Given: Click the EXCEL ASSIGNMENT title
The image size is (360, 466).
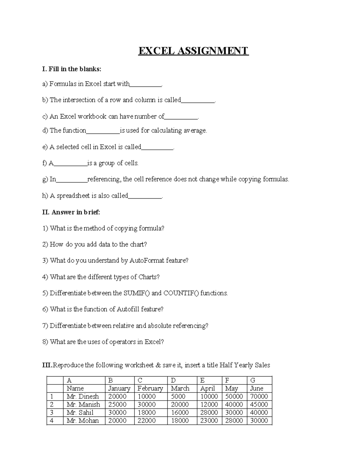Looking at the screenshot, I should click(193, 51).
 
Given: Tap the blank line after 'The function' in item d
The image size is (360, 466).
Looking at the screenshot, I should click(103, 131).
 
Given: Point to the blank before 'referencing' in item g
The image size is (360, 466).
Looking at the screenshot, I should click(72, 180).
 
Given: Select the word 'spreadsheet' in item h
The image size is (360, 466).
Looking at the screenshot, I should click(73, 196).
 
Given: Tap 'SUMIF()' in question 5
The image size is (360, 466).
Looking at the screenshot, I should click(136, 293).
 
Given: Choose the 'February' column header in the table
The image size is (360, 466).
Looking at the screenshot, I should click(150, 388).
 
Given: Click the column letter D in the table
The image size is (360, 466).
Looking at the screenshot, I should click(173, 380).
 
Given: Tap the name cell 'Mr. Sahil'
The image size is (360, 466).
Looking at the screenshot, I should click(80, 413).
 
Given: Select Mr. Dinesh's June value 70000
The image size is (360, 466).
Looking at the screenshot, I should click(259, 396).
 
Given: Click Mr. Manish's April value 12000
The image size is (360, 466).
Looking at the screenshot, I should click(209, 404).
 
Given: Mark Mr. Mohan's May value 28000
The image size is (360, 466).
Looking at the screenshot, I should click(234, 421).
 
